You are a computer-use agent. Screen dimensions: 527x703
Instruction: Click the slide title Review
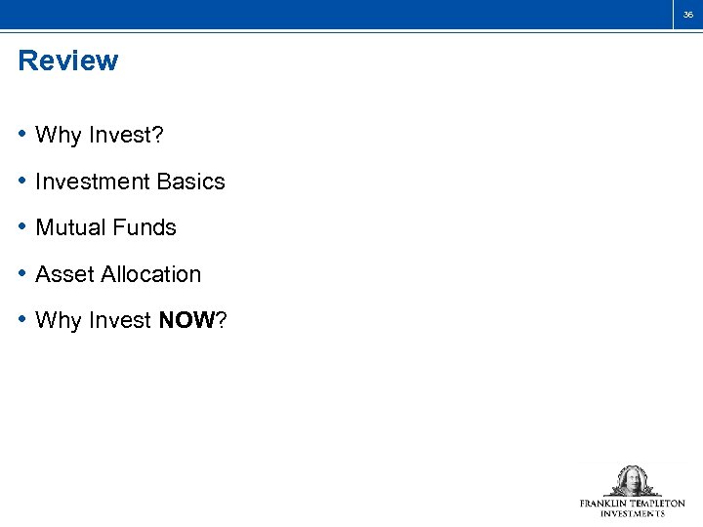pyautogui.click(x=67, y=61)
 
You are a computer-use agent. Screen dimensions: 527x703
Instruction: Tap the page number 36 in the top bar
pyautogui.click(x=687, y=15)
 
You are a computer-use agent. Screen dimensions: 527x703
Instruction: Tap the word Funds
pyautogui.click(x=143, y=227)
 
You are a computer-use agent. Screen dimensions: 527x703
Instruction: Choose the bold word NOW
pyautogui.click(x=186, y=320)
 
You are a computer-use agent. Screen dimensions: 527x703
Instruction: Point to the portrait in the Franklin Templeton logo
pyautogui.click(x=632, y=481)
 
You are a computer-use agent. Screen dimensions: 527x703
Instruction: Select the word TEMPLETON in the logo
pyautogui.click(x=658, y=504)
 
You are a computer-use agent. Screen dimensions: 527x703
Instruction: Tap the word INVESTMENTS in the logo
pyautogui.click(x=633, y=513)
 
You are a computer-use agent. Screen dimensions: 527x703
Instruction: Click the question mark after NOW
pyautogui.click(x=221, y=320)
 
